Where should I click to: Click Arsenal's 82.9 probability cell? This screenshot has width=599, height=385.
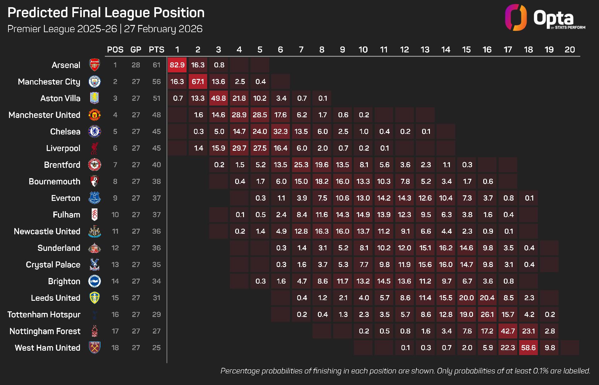pyautogui.click(x=177, y=65)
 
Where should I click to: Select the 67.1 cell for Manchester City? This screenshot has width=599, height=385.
pyautogui.click(x=198, y=82)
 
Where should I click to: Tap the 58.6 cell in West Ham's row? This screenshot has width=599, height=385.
pyautogui.click(x=528, y=348)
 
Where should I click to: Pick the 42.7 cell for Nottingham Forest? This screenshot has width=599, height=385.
pyautogui.click(x=508, y=331)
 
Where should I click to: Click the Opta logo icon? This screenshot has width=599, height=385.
pyautogui.click(x=516, y=17)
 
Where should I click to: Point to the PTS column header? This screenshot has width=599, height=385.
pyautogui.click(x=156, y=50)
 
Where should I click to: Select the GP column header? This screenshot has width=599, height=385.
pyautogui.click(x=136, y=50)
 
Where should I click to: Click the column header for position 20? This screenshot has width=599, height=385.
pyautogui.click(x=570, y=50)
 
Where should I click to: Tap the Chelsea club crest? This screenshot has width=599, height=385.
pyautogui.click(x=95, y=132)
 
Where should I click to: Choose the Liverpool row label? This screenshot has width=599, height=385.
pyautogui.click(x=63, y=148)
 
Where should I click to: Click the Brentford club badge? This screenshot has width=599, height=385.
pyautogui.click(x=95, y=165)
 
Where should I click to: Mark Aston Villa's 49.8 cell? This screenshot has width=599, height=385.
pyautogui.click(x=218, y=98)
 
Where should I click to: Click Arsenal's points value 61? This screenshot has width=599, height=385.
pyautogui.click(x=156, y=65)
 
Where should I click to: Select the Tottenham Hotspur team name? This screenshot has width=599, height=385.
pyautogui.click(x=44, y=314)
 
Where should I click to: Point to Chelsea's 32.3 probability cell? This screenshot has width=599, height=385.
pyautogui.click(x=280, y=132)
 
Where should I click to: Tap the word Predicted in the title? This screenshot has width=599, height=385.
pyautogui.click(x=38, y=12)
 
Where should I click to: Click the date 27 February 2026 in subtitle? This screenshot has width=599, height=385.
pyautogui.click(x=163, y=29)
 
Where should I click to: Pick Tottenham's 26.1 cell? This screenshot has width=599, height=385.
pyautogui.click(x=487, y=314)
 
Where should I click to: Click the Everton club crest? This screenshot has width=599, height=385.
pyautogui.click(x=95, y=198)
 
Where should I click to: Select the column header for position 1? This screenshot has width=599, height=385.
pyautogui.click(x=177, y=50)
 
